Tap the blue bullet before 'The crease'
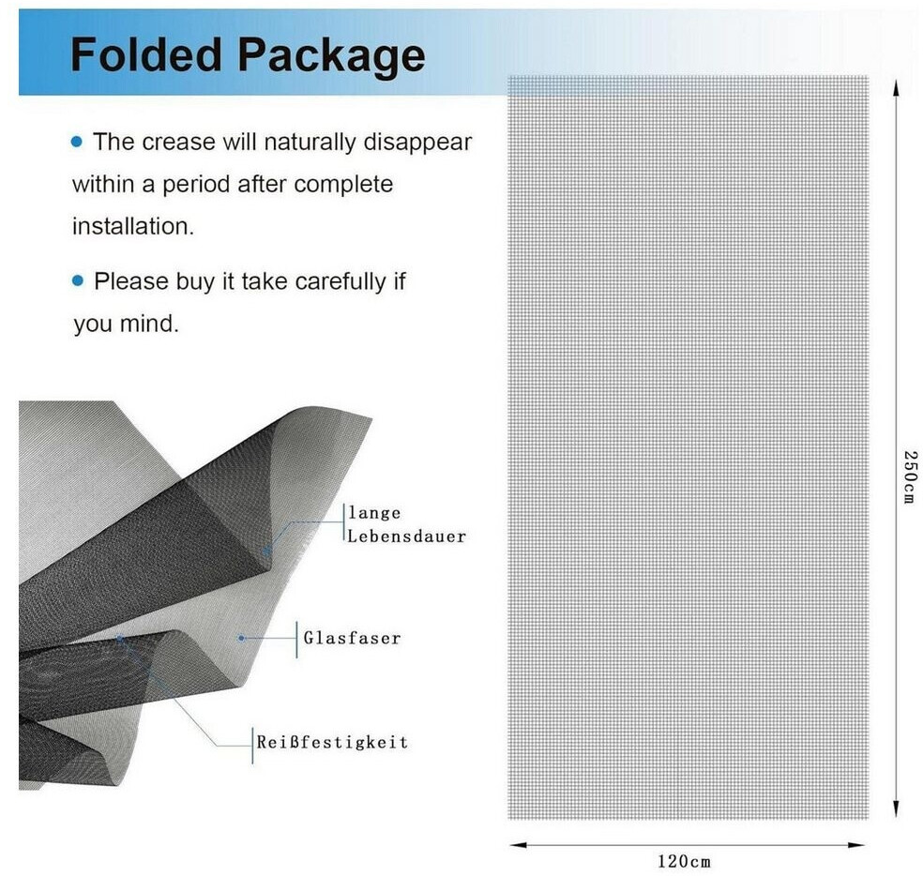(77, 142)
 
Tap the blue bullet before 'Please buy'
(77, 280)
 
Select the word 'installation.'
(133, 227)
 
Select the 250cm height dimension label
(910, 476)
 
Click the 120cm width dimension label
(684, 862)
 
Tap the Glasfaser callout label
(352, 638)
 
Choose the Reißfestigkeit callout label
(332, 742)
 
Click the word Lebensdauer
(406, 536)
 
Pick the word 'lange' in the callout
(374, 513)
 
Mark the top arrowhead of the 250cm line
(896, 87)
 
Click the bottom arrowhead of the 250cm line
(896, 809)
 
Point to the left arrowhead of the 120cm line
(518, 845)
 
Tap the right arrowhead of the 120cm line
(855, 845)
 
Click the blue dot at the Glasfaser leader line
(241, 638)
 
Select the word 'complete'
(343, 185)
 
